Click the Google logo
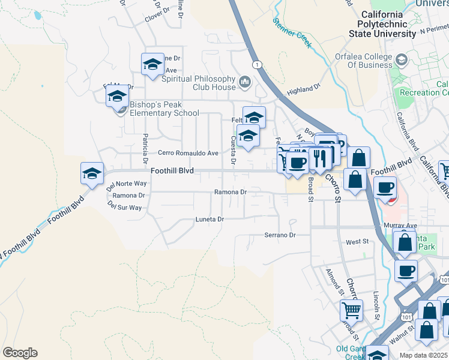(x=20, y=353)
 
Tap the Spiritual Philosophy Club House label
(x=197, y=83)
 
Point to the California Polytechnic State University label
(x=385, y=24)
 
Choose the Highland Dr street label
(x=304, y=89)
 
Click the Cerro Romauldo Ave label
(x=188, y=153)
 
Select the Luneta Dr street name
(x=209, y=220)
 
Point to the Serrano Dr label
(x=280, y=235)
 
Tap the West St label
(x=357, y=242)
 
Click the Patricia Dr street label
(x=145, y=149)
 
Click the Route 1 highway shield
(x=257, y=64)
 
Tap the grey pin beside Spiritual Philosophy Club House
(x=244, y=81)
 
